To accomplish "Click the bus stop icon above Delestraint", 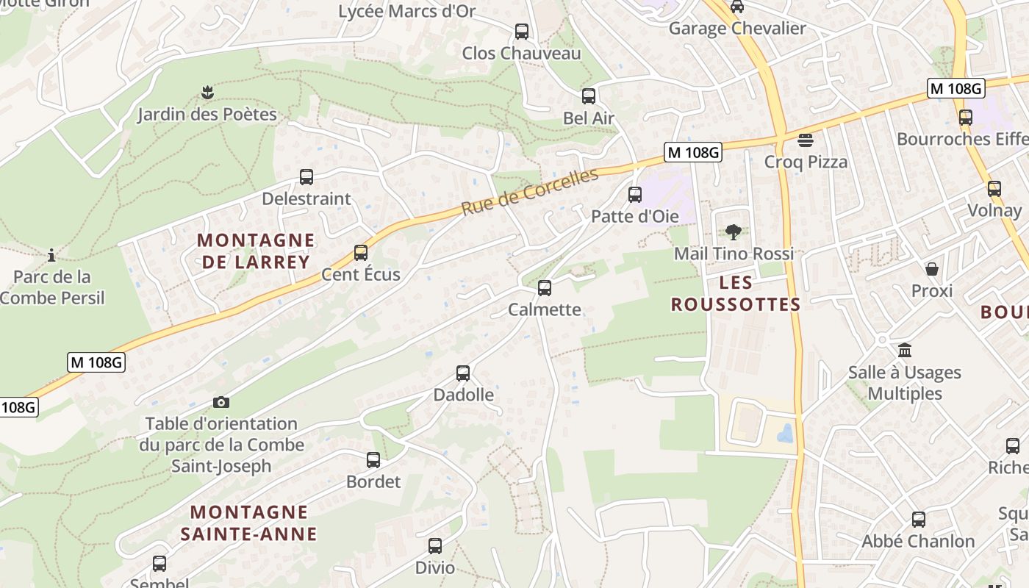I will pyautogui.click(x=306, y=177).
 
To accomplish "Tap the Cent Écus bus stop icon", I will pyautogui.click(x=361, y=253).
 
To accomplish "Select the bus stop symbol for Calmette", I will pyautogui.click(x=545, y=288).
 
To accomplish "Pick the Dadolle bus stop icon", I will pyautogui.click(x=463, y=373).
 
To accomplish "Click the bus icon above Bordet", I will pyautogui.click(x=373, y=460).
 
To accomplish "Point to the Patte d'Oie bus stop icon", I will pyautogui.click(x=635, y=195).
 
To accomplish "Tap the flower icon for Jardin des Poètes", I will pyautogui.click(x=207, y=93).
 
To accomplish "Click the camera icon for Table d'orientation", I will pyautogui.click(x=221, y=402).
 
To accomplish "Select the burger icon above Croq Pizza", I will pyautogui.click(x=806, y=140).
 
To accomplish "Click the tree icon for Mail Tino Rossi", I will pyautogui.click(x=733, y=232).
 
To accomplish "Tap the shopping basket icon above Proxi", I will pyautogui.click(x=932, y=269).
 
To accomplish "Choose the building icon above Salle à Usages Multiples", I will pyautogui.click(x=905, y=351).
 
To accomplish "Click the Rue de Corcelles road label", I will pyautogui.click(x=530, y=192).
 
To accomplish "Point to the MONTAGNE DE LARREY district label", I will pyautogui.click(x=255, y=251).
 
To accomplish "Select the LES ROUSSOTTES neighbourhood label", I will pyautogui.click(x=736, y=293).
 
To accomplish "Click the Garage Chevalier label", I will pyautogui.click(x=737, y=29).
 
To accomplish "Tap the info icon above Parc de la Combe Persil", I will pyautogui.click(x=51, y=256).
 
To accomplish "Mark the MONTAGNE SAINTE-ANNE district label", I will pyautogui.click(x=249, y=523).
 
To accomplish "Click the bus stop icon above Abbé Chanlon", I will pyautogui.click(x=919, y=520).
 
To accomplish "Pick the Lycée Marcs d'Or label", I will pyautogui.click(x=406, y=11).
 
